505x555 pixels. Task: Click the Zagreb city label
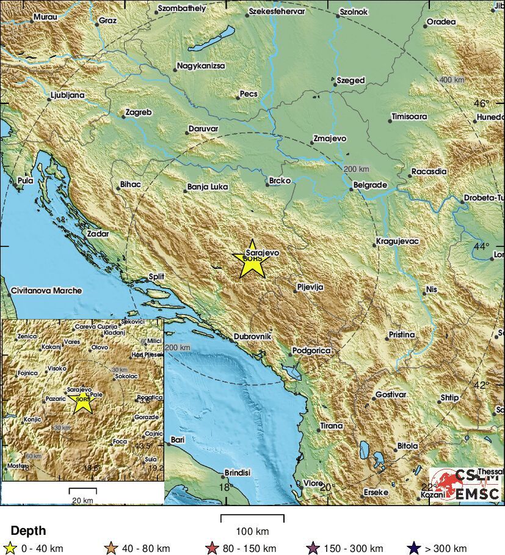tap(138, 112)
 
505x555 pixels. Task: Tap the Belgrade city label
tap(371, 185)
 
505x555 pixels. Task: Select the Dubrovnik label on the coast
tap(252, 337)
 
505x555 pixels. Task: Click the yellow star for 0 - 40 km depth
tap(10, 548)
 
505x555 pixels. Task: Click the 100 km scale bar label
tap(252, 531)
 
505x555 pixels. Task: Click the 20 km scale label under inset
tap(82, 500)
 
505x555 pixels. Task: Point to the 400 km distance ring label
tap(452, 80)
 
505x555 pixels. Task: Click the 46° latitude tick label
tap(482, 103)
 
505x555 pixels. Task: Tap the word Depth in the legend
tap(28, 531)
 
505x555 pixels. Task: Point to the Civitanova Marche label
tap(46, 291)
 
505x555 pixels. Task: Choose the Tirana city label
tap(331, 426)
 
